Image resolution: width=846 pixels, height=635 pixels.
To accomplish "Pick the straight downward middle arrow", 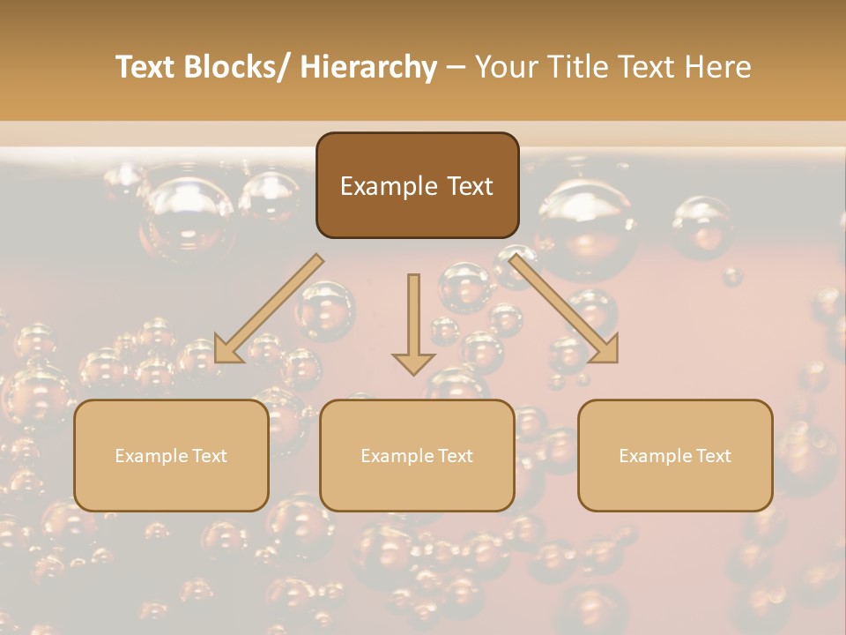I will (413, 317).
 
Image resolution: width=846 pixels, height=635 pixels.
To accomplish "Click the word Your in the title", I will (506, 68).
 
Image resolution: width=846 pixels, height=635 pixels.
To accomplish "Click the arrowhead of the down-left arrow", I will (227, 350).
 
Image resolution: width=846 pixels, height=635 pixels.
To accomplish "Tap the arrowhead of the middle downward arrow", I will (413, 362).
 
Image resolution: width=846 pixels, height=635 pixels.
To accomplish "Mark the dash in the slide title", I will (456, 68).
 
